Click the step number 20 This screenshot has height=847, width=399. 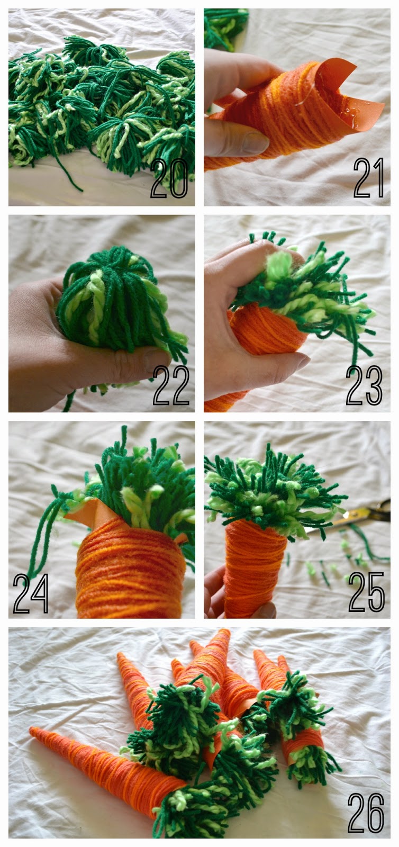click(x=169, y=178)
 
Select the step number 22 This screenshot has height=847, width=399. click(x=170, y=385)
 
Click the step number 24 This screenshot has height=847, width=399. click(x=31, y=593)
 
